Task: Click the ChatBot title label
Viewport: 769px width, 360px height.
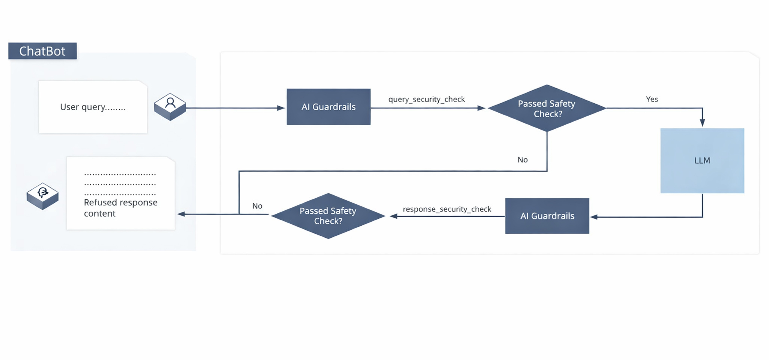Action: pyautogui.click(x=42, y=51)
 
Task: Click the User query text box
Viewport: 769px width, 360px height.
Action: pyautogui.click(x=93, y=107)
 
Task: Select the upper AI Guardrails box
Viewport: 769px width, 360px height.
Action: pyautogui.click(x=328, y=107)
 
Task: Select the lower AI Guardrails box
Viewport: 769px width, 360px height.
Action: pyautogui.click(x=547, y=216)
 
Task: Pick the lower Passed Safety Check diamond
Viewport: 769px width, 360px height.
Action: pyautogui.click(x=328, y=216)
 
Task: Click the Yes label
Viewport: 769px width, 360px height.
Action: pyautogui.click(x=652, y=99)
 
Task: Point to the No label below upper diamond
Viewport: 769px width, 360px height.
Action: pyautogui.click(x=522, y=160)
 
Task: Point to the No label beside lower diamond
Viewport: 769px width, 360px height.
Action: pyautogui.click(x=257, y=206)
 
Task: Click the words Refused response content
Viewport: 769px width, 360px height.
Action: pyautogui.click(x=120, y=208)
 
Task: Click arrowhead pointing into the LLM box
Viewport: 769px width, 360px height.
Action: pyautogui.click(x=702, y=122)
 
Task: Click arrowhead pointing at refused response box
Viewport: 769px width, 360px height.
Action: pyautogui.click(x=181, y=214)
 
